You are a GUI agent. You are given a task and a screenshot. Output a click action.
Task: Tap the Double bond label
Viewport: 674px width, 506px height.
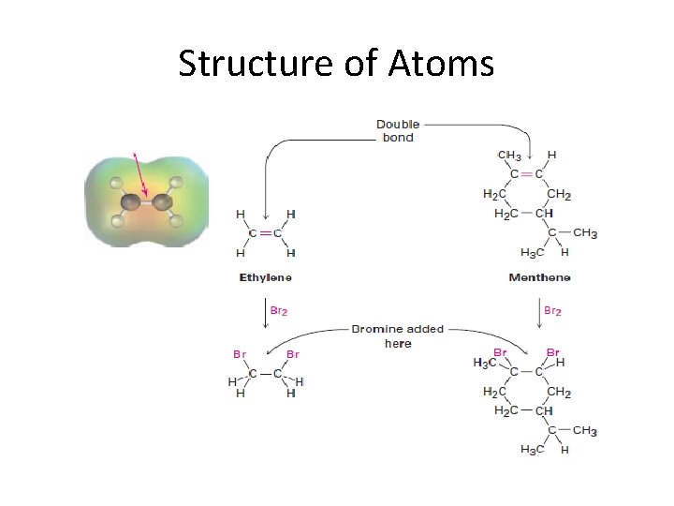[x=398, y=130]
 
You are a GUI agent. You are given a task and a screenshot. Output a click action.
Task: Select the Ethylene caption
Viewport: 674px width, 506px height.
[x=266, y=277]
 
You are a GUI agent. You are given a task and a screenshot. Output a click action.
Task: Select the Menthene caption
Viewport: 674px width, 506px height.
[x=539, y=277]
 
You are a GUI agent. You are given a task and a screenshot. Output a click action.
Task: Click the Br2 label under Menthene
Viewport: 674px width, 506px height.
[x=552, y=309]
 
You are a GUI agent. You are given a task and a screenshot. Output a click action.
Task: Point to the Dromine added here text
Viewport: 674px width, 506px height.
[x=398, y=336]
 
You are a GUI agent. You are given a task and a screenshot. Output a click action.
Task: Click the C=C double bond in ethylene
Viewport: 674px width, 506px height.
[x=266, y=232]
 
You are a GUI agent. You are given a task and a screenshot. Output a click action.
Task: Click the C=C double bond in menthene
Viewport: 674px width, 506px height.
[x=526, y=174]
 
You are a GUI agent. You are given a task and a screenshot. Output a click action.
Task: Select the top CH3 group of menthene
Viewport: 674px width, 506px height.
[x=510, y=155]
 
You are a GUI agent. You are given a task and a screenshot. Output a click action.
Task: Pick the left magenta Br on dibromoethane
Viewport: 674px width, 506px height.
[x=241, y=354]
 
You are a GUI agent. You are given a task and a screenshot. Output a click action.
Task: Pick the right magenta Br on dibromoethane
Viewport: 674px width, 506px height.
[x=293, y=354]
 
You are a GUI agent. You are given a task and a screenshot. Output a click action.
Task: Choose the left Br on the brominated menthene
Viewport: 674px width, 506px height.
[x=501, y=352]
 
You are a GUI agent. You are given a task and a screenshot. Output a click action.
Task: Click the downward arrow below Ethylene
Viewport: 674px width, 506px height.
[x=266, y=313]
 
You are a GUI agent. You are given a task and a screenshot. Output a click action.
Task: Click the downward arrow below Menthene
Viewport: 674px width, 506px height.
[x=539, y=313]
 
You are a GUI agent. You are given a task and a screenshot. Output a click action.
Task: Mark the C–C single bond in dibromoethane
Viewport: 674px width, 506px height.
[x=266, y=373]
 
